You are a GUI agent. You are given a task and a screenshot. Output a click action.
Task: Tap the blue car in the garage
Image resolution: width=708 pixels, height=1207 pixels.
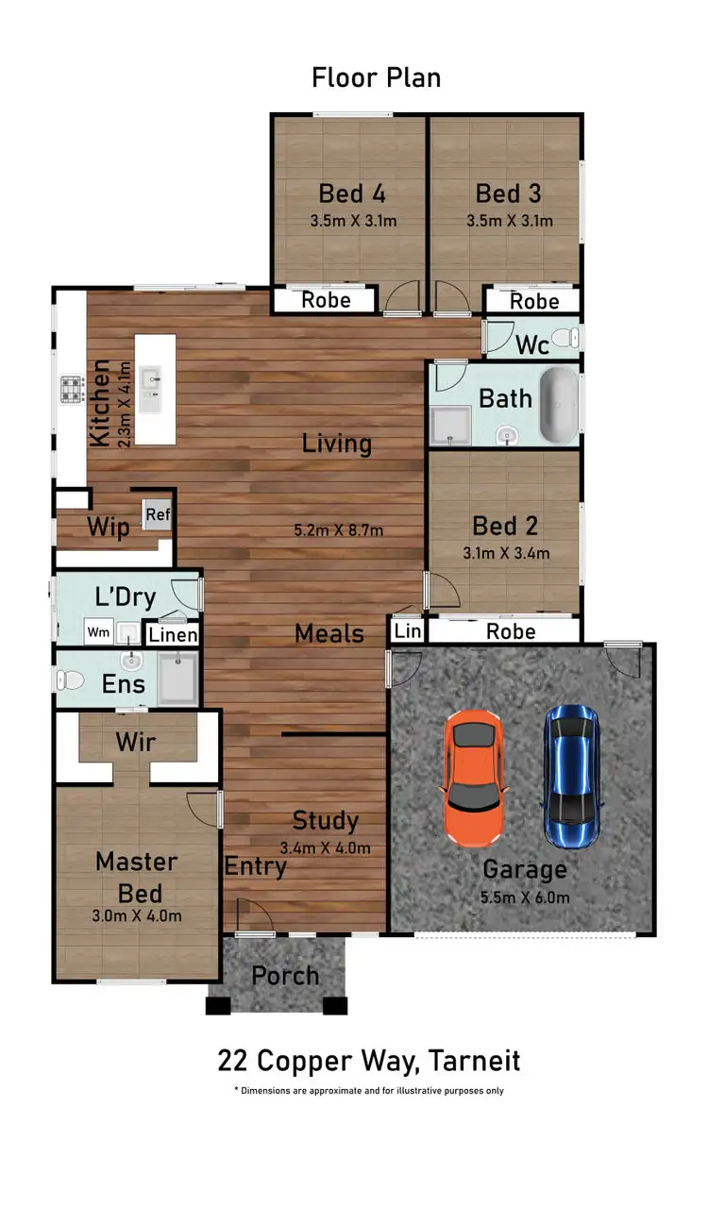point(572,776)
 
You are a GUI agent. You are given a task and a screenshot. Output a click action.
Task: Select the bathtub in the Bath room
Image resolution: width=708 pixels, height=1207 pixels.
point(558,406)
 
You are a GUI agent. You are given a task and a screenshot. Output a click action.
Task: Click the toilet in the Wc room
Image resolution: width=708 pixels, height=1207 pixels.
point(565,338)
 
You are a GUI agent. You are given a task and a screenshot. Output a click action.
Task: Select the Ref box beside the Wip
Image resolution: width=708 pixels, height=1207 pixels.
point(157,515)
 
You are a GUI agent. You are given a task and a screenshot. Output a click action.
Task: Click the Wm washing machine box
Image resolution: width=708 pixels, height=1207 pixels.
point(97,630)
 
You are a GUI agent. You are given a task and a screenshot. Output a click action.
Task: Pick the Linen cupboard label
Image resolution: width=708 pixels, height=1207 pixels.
point(173,635)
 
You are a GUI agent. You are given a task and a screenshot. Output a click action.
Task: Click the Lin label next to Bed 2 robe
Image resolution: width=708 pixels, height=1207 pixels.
point(408,630)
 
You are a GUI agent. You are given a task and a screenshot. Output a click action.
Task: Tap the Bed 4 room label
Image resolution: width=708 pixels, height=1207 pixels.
point(351,194)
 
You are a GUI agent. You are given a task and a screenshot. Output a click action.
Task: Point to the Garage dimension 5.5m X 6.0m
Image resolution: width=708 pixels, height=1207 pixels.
point(526,897)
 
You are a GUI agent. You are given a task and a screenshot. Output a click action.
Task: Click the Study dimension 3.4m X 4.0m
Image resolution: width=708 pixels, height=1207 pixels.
point(326,847)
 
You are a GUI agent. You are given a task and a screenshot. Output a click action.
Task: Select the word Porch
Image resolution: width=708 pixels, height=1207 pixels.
point(285,976)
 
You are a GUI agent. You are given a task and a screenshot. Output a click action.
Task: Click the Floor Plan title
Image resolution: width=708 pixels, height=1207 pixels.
point(376,77)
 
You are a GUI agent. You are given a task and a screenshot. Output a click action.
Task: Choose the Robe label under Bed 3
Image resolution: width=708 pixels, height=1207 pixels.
point(534,301)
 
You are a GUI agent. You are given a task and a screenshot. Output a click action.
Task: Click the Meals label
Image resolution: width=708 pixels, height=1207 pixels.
point(329,633)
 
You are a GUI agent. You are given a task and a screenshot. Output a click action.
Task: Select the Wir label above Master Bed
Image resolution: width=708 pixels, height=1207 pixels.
point(136,742)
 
